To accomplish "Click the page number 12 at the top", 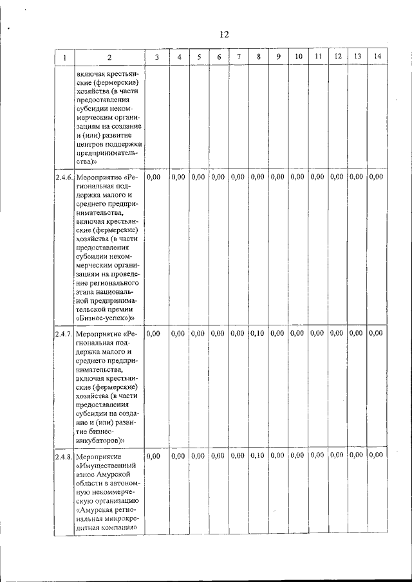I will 224,34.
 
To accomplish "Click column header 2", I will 109,57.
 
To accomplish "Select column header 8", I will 258,57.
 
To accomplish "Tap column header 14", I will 377,57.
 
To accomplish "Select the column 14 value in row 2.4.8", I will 376,456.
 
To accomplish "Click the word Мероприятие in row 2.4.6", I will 97,177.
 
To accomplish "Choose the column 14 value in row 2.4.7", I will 376,333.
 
